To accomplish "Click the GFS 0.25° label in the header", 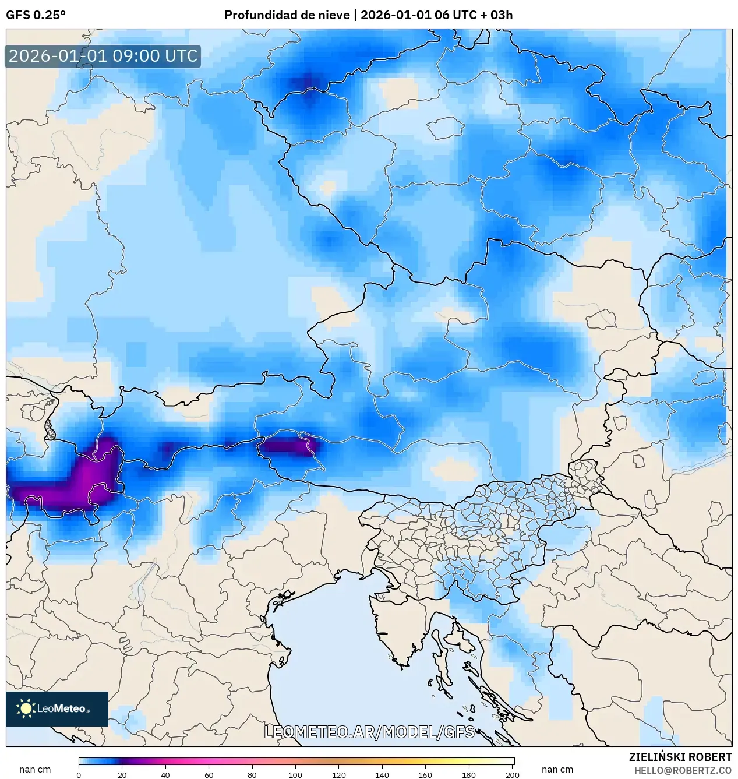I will [x=36, y=15].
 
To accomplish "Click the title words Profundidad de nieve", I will [x=287, y=15].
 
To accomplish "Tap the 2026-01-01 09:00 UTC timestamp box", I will [x=103, y=56].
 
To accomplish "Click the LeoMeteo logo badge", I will [x=57, y=708].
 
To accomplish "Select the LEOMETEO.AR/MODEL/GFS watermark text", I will [x=369, y=732].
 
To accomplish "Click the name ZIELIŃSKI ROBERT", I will [x=680, y=757].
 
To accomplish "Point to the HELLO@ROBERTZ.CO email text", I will [x=683, y=770].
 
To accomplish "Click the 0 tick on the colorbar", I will [x=79, y=775].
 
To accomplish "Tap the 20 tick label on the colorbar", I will [x=122, y=775].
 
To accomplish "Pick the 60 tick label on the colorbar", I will [x=209, y=775].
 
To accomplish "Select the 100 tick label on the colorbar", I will [x=295, y=775].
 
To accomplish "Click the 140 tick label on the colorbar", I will [x=382, y=775].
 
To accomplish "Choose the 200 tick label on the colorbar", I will [x=512, y=775].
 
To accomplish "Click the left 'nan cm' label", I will [x=35, y=769].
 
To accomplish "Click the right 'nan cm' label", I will [x=557, y=769].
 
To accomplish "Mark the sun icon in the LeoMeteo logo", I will [x=26, y=708].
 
